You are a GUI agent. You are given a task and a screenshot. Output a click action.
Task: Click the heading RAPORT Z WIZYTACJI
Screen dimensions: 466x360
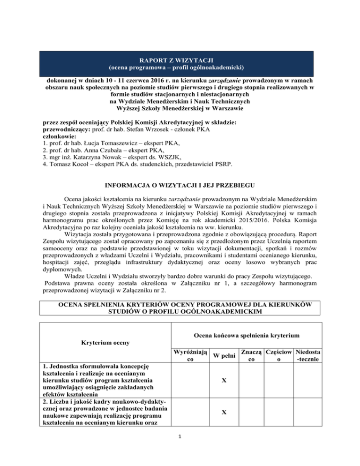tap(180, 60)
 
